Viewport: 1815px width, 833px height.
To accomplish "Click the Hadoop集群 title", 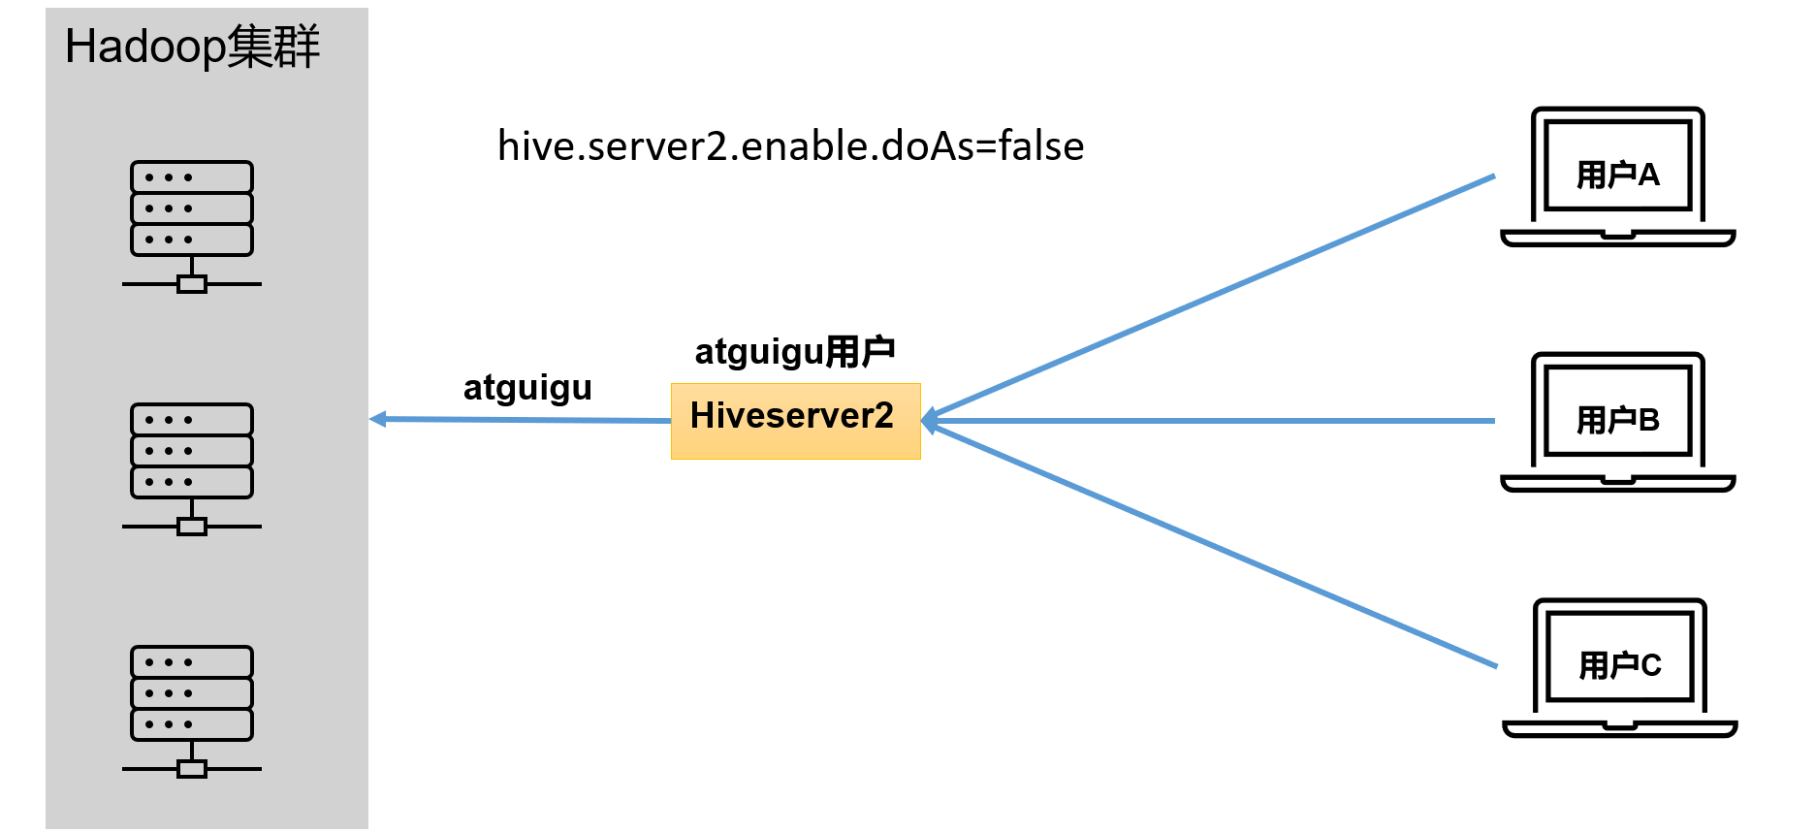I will pos(192,47).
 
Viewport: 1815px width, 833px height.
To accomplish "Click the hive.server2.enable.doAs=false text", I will pos(790,146).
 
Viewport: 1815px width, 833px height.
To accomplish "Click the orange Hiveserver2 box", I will pos(795,421).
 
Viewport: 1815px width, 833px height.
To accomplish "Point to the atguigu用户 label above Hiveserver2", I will pos(794,351).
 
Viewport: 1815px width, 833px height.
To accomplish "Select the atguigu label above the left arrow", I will pos(527,387).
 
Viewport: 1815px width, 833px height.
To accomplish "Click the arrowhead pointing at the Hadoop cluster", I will pos(378,419).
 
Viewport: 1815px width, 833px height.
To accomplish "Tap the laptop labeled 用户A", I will pos(1617,176).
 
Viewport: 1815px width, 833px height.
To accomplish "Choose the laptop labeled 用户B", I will pos(1617,422).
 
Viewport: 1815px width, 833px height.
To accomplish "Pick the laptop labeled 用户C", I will pos(1619,667).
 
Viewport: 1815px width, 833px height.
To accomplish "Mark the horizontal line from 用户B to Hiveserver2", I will pos(1212,421).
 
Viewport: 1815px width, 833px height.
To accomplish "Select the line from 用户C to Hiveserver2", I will pos(1212,546).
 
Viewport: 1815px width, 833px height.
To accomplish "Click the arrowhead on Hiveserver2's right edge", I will pos(929,421).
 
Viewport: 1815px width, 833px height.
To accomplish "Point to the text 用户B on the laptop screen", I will pos(1617,420).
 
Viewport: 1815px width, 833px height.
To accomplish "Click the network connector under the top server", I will pos(192,284).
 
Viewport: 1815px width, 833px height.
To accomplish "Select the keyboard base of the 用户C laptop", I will pos(1619,727).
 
